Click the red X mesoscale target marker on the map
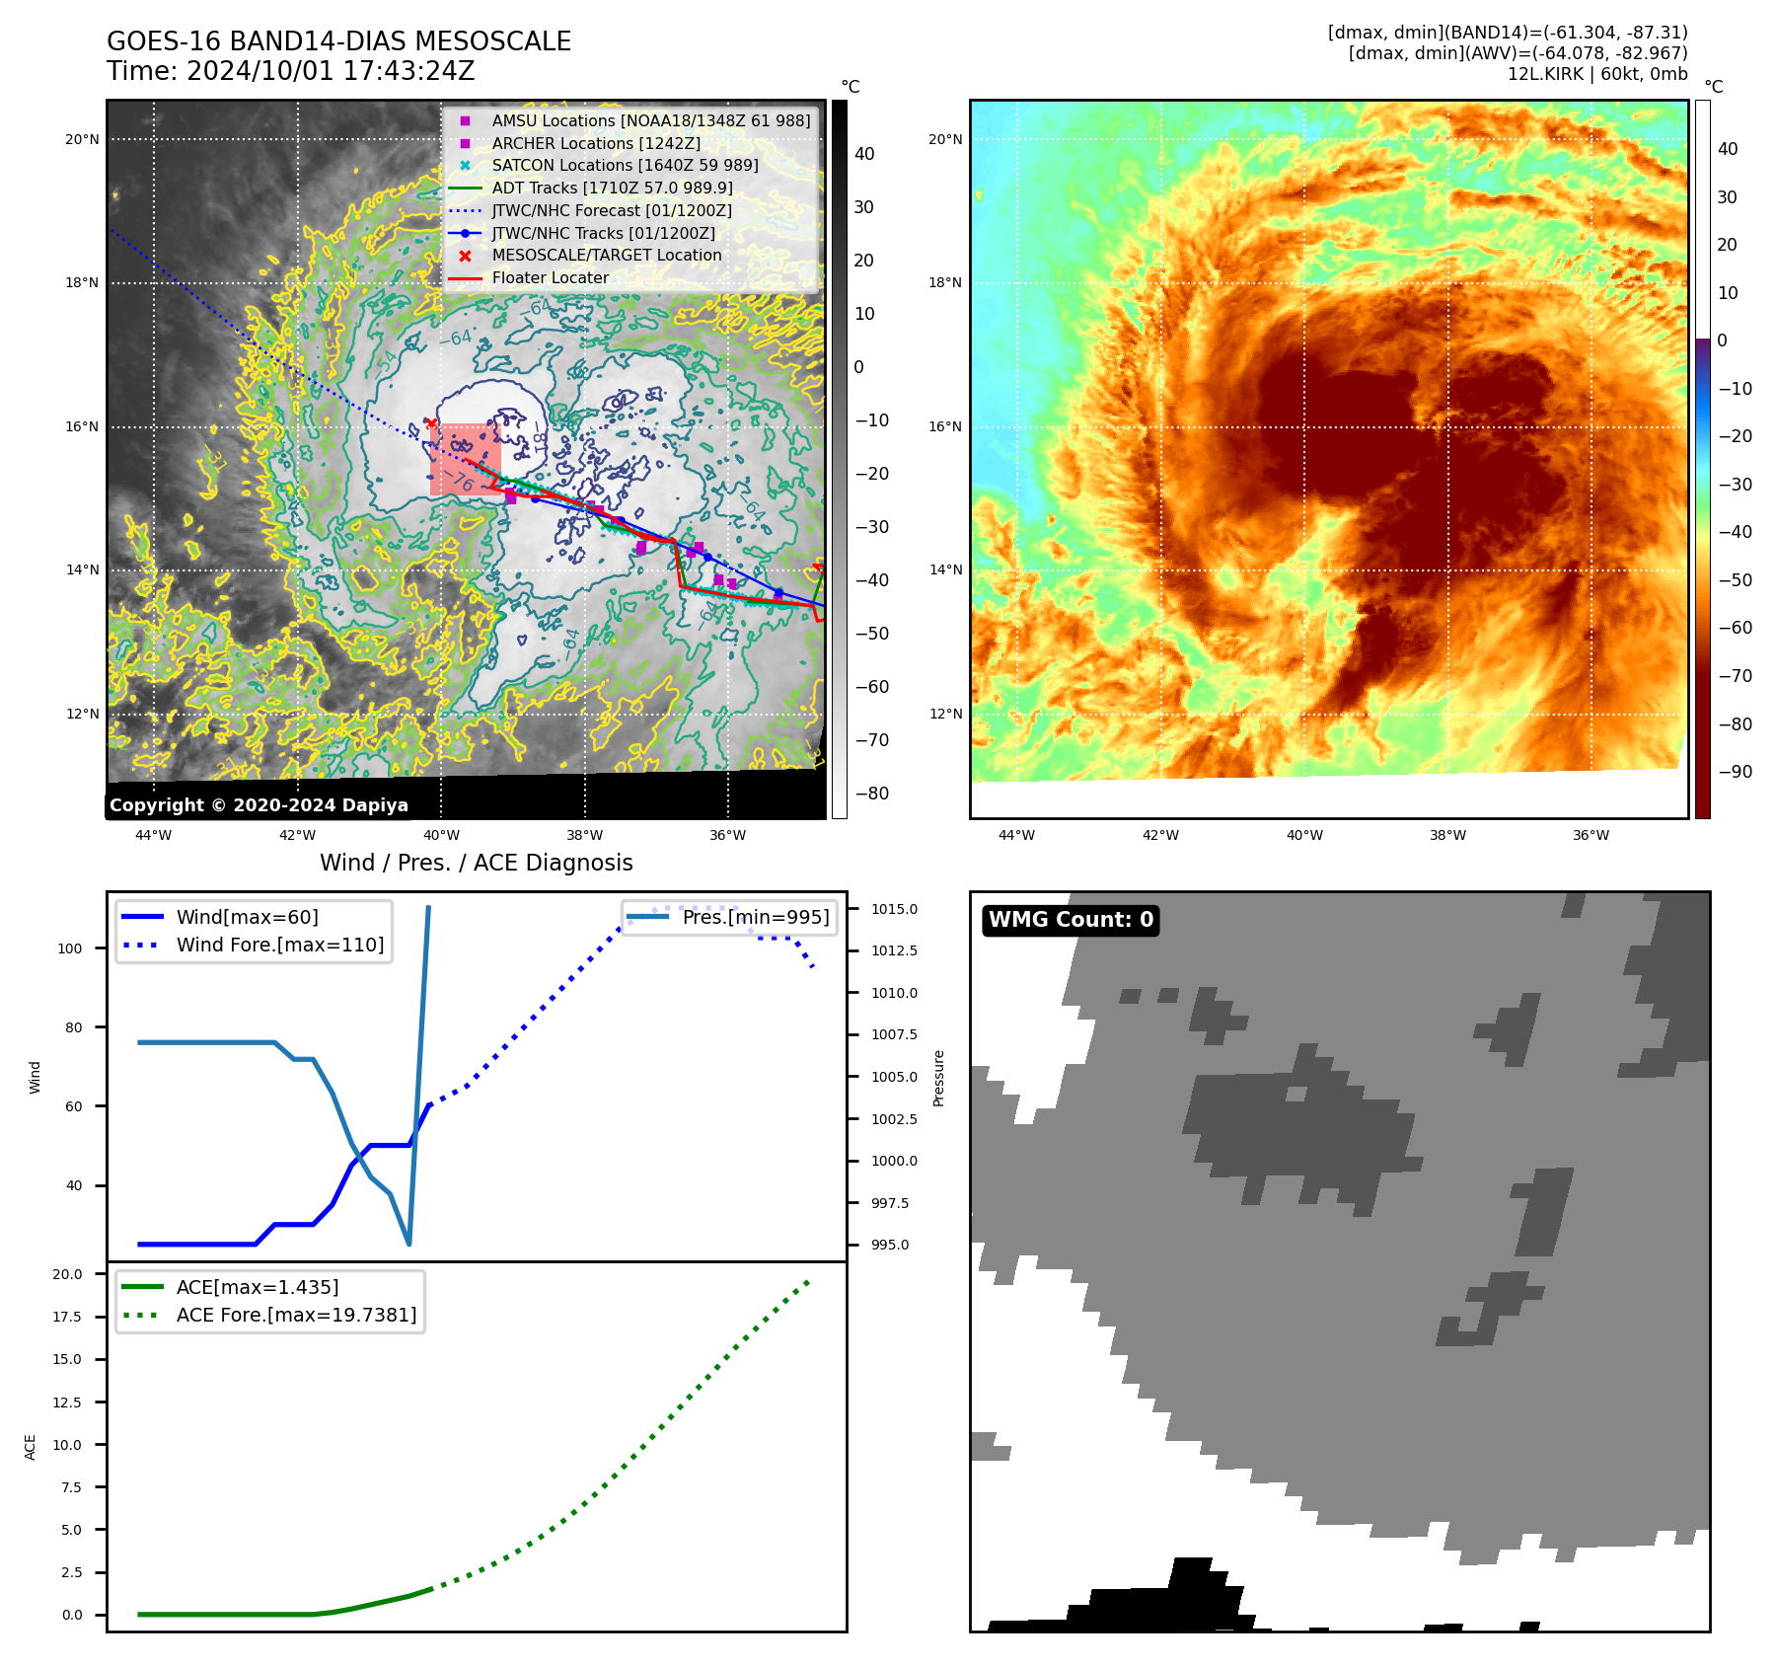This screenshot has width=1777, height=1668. coord(431,423)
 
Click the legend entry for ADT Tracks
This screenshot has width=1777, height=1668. coord(612,188)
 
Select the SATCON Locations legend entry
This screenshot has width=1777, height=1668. coord(625,165)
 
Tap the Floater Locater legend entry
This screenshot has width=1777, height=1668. coord(550,277)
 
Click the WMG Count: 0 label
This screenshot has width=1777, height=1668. coord(1071,920)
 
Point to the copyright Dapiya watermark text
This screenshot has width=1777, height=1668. coord(259,805)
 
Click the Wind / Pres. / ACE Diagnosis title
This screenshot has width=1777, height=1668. coord(476,863)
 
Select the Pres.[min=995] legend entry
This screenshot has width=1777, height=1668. coord(755,917)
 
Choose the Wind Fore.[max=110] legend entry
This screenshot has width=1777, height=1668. coord(279,945)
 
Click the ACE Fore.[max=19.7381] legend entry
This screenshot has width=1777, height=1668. coord(296,1315)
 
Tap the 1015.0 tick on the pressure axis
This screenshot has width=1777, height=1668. coord(894,909)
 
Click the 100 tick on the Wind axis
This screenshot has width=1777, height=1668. coord(70,948)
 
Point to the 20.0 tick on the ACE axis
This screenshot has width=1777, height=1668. coord(67,1274)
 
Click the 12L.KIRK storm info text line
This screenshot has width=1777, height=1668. coord(1596,74)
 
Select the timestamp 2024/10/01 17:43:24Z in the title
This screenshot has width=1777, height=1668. coord(330,71)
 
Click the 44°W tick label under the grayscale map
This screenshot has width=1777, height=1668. coord(154,835)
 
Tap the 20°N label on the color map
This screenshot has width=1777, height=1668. coord(945,139)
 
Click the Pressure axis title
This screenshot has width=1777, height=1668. coord(938,1078)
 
